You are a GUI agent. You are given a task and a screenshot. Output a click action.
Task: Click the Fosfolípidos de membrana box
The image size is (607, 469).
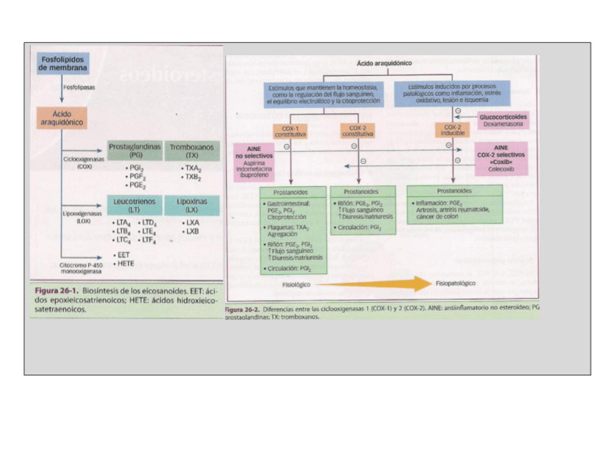64,63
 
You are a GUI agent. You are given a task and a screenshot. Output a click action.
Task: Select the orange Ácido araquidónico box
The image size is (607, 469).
61,118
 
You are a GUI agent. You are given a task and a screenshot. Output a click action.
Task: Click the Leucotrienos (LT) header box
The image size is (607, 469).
135,206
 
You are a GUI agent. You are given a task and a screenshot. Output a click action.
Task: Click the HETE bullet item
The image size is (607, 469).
126,263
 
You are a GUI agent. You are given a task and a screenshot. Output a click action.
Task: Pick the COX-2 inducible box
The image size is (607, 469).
452,130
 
